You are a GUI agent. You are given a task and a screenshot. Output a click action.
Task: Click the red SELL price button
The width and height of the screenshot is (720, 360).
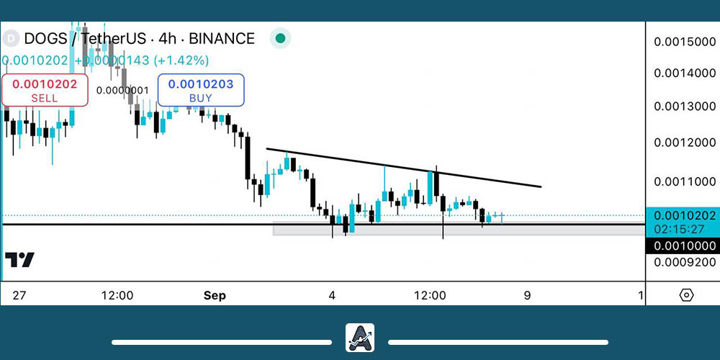[45, 91]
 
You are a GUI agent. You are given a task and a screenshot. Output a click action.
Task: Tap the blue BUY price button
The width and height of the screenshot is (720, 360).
[201, 91]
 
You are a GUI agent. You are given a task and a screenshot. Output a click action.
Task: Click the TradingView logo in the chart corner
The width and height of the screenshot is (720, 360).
[19, 260]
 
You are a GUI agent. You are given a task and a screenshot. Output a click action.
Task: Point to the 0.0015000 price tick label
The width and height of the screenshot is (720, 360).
[684, 42]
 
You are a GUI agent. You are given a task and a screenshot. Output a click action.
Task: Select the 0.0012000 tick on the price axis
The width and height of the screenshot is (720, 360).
[684, 143]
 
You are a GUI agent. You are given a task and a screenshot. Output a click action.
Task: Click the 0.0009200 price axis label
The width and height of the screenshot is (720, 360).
[684, 263]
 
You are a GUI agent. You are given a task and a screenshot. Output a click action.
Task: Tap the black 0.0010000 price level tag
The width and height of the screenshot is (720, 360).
[684, 246]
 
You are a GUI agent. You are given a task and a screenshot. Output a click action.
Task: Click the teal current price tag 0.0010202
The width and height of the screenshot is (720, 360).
[684, 215]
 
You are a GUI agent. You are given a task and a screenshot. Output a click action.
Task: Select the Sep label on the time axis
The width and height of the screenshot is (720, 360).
[215, 295]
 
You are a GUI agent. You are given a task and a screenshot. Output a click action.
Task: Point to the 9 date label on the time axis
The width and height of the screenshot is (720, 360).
[528, 295]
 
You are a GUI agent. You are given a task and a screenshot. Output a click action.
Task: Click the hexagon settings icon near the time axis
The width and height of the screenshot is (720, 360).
[686, 295]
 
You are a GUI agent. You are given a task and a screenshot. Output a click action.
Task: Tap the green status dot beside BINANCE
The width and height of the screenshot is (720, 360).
[281, 39]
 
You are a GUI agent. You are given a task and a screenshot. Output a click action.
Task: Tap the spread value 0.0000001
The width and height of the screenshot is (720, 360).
[122, 90]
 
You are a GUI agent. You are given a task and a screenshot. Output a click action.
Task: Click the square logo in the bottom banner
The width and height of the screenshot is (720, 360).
[359, 337]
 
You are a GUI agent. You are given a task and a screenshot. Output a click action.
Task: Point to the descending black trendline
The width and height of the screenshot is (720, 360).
[403, 168]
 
